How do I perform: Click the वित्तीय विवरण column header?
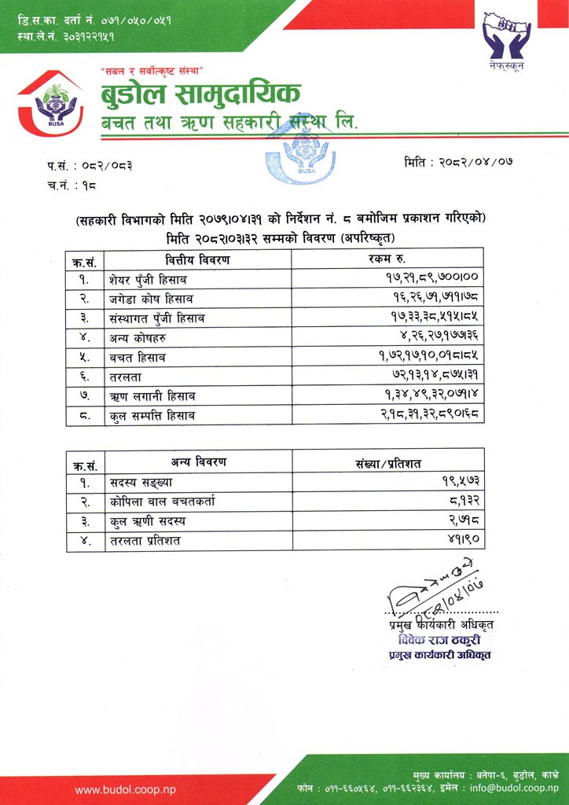click(198, 260)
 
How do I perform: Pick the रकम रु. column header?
click(384, 260)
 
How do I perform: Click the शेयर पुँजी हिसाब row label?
click(149, 279)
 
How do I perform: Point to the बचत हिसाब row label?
click(138, 357)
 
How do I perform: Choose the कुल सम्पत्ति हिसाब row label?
click(152, 415)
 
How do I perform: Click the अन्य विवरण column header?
click(198, 461)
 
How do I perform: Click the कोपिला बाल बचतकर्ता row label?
click(162, 501)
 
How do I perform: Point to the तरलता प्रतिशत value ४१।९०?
click(462, 540)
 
